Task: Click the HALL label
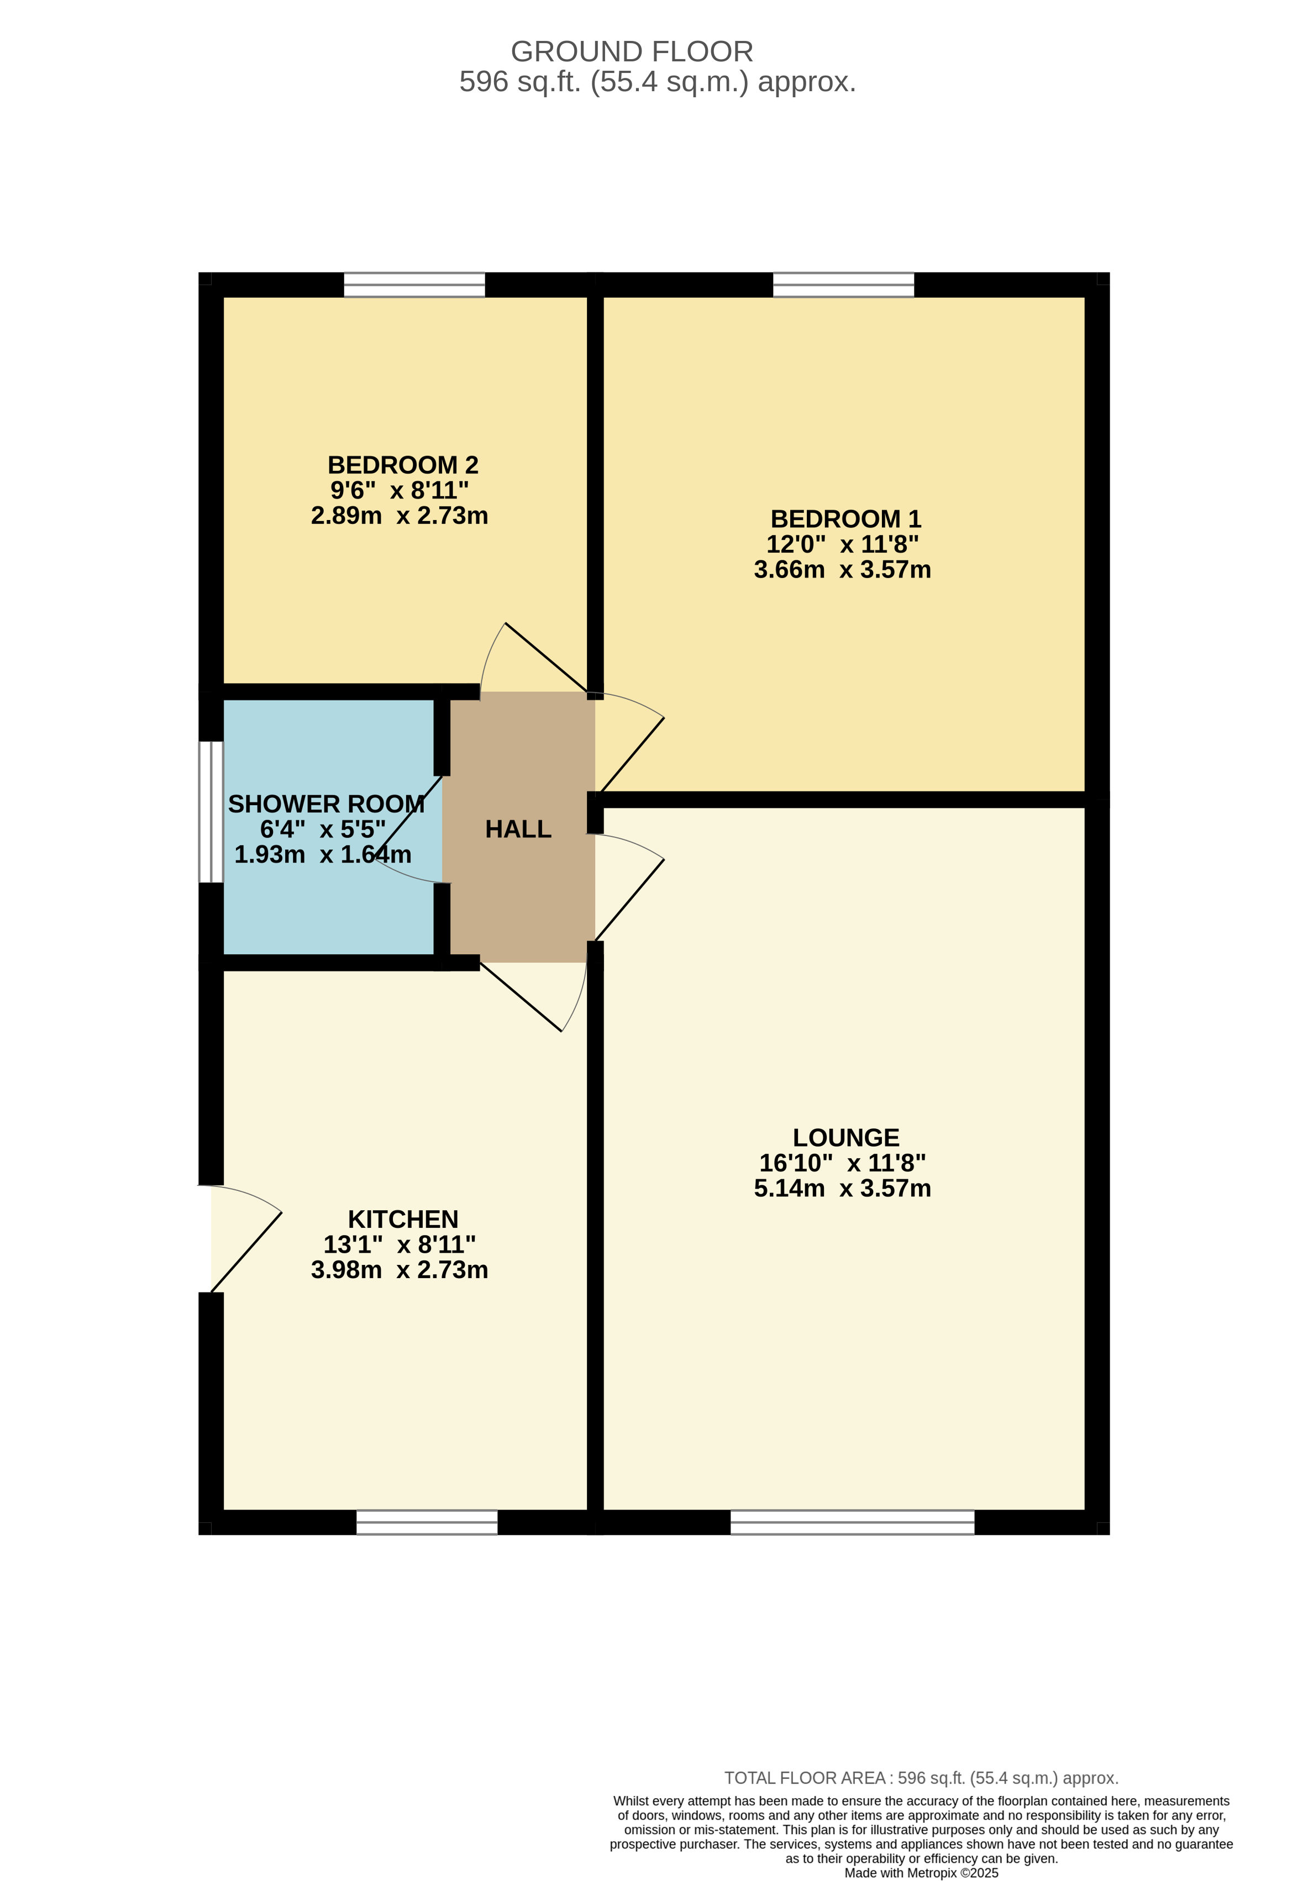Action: [x=518, y=829]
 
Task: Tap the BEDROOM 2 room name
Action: [x=403, y=465]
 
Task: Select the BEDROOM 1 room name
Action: [x=846, y=518]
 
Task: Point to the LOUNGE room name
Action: [x=846, y=1137]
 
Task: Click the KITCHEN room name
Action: [x=403, y=1218]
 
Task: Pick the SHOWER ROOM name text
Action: [x=326, y=803]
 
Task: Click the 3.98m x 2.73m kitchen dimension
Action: [x=400, y=1269]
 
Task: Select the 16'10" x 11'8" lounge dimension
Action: [x=843, y=1163]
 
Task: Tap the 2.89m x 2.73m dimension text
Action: [x=400, y=516]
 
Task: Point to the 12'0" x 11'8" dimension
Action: [x=843, y=544]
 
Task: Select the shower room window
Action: [x=211, y=812]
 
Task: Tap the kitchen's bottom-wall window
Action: [x=427, y=1522]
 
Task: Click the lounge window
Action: [x=853, y=1522]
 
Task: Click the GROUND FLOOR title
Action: [x=632, y=51]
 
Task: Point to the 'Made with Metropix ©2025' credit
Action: [x=921, y=1873]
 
